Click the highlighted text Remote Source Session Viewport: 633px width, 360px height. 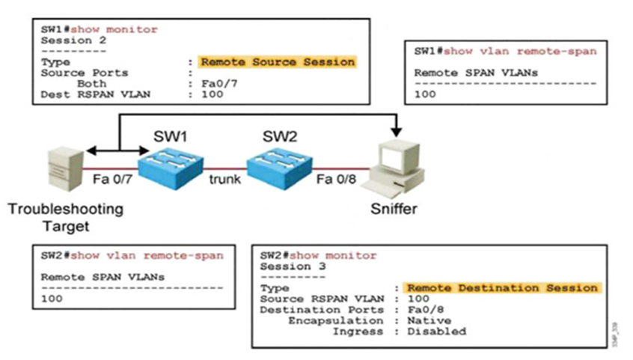[x=278, y=62]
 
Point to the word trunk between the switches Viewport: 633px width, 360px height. [x=224, y=180]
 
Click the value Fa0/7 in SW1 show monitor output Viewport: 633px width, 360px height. [x=215, y=84]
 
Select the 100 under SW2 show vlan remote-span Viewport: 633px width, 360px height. [x=52, y=298]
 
